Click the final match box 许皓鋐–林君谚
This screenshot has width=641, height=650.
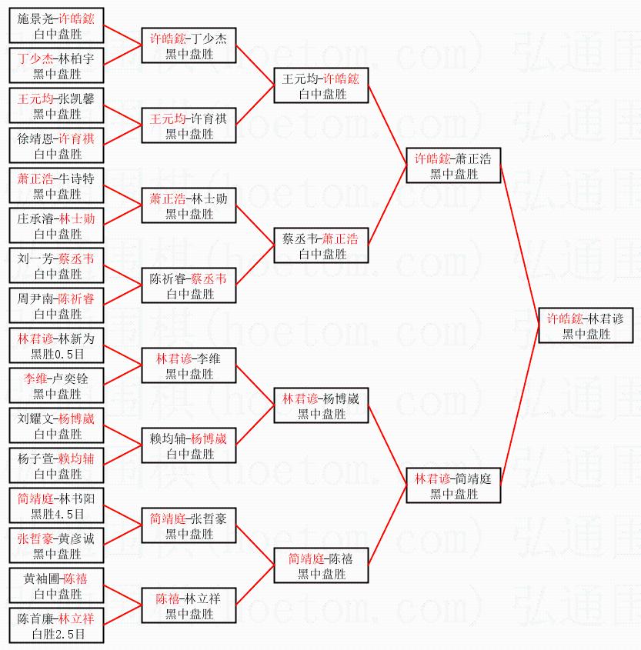click(586, 326)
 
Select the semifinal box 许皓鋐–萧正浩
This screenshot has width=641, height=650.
click(453, 166)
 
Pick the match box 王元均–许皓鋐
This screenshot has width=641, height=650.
click(321, 86)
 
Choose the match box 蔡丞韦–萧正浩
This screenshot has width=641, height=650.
click(321, 246)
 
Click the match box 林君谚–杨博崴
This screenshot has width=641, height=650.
click(321, 406)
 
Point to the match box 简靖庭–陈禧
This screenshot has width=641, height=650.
click(321, 566)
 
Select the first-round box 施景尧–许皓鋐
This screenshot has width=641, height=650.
click(56, 26)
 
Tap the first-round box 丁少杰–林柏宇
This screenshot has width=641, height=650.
click(56, 66)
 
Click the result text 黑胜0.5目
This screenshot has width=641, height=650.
click(56, 355)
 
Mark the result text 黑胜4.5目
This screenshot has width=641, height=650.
click(56, 515)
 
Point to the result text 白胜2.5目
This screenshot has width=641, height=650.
click(56, 635)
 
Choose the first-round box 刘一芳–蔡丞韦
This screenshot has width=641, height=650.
click(56, 266)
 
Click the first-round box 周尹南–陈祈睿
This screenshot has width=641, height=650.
click(56, 306)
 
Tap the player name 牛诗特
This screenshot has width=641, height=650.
click(76, 178)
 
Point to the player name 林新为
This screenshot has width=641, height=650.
click(76, 338)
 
